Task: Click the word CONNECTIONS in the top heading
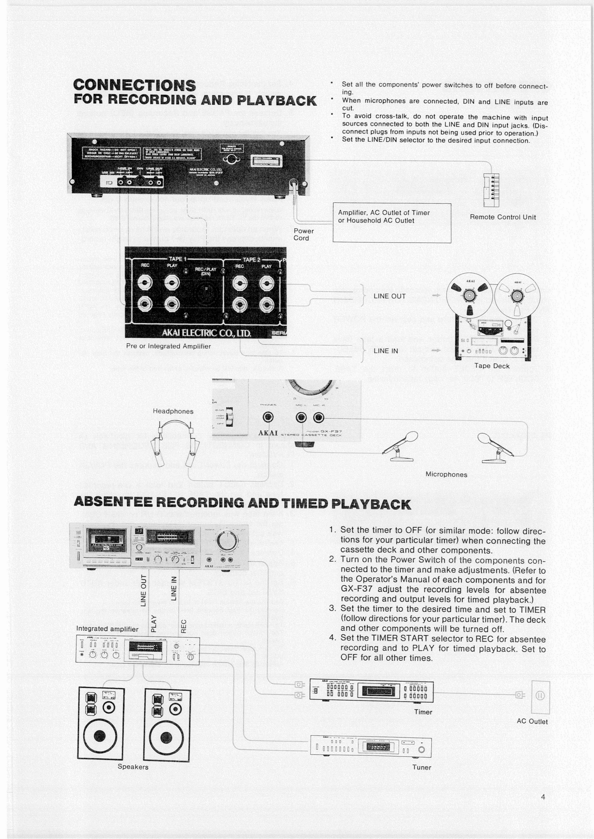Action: click(135, 85)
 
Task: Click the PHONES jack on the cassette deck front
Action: click(268, 417)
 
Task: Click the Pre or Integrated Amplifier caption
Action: click(168, 346)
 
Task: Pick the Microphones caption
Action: click(446, 474)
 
